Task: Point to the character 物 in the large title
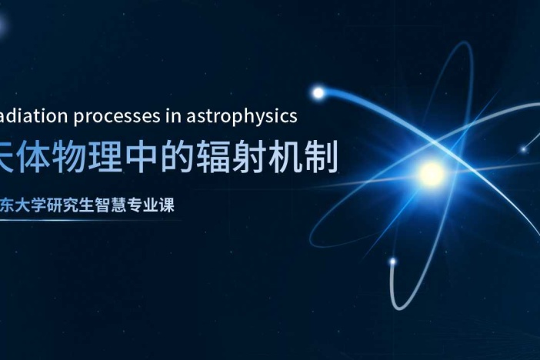88,154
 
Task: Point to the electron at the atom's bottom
393,262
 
